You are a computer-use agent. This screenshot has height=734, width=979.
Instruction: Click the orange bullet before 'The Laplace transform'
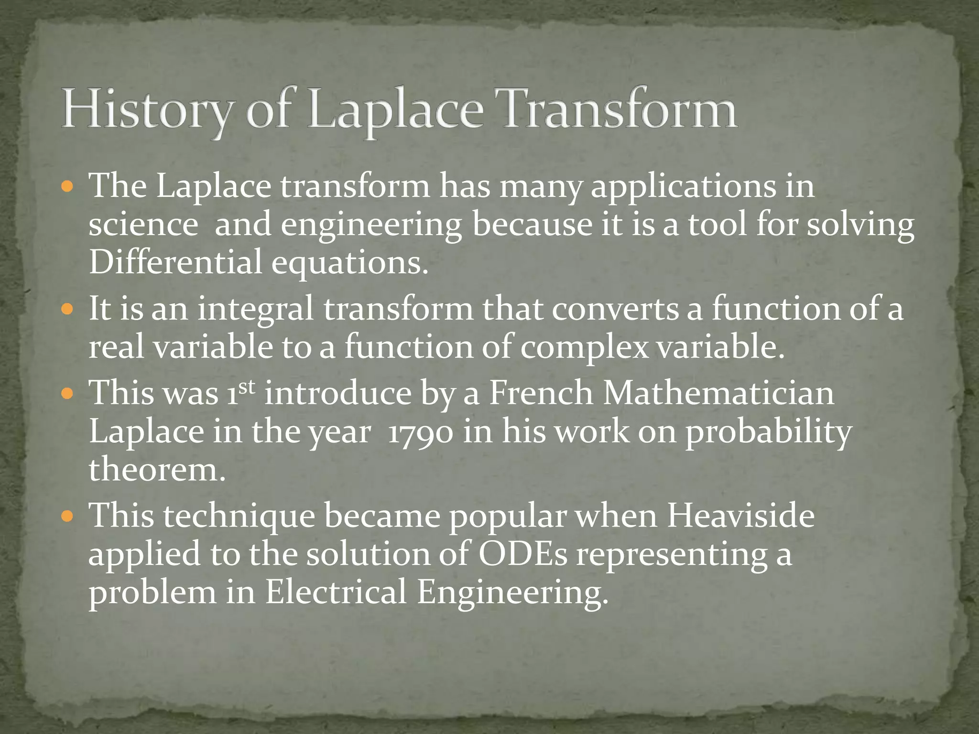click(67, 186)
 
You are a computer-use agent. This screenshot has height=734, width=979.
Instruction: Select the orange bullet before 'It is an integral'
click(67, 310)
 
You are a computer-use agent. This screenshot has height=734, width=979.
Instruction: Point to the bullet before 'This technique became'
click(67, 517)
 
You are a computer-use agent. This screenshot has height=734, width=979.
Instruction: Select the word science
click(143, 225)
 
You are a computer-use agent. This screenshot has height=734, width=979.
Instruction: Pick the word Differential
click(175, 262)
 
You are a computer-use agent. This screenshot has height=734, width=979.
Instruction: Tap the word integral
click(255, 310)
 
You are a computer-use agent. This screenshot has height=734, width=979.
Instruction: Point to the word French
click(541, 393)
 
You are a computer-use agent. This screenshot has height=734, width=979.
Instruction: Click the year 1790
click(420, 433)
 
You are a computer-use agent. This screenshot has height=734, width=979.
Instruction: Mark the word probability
click(769, 433)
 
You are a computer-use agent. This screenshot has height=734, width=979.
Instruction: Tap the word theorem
click(156, 470)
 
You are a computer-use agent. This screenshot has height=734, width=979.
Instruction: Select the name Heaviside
click(740, 517)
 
